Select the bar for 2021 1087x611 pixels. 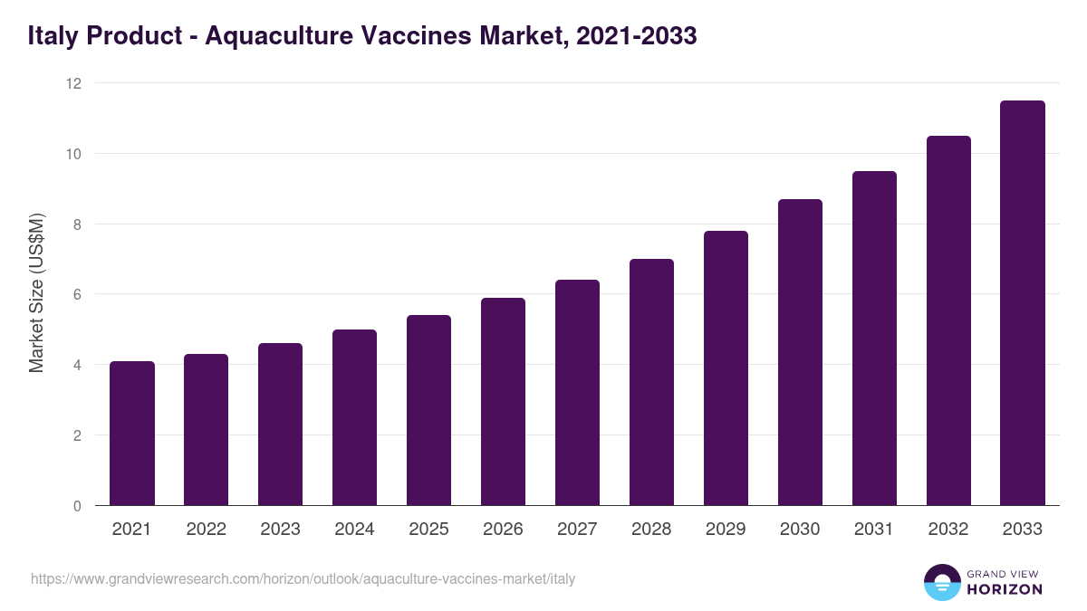point(131,434)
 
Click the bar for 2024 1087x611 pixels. point(354,417)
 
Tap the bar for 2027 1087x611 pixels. point(577,393)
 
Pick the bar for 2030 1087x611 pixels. point(800,352)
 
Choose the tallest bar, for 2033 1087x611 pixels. point(1023,303)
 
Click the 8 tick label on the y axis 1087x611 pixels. point(77,224)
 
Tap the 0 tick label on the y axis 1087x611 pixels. point(77,506)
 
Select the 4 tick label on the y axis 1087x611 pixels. point(77,365)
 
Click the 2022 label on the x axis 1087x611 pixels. point(206,530)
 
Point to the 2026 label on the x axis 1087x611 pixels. point(503,530)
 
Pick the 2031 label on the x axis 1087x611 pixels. point(874,530)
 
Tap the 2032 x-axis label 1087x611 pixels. point(948,530)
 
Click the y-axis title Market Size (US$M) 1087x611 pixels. point(36,294)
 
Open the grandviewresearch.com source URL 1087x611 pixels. point(303,578)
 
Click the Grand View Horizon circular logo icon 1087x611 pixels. point(941,582)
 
